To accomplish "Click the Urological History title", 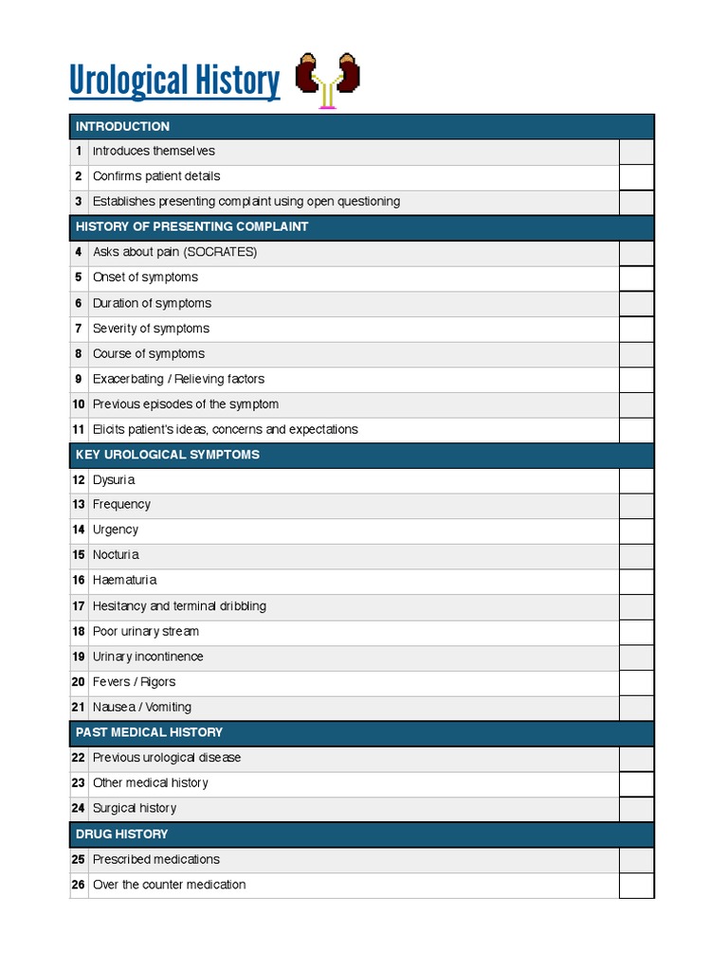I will pyautogui.click(x=174, y=81).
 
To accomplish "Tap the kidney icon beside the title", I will pyautogui.click(x=328, y=81).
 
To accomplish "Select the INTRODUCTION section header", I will pyautogui.click(x=122, y=126).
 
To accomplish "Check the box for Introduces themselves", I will pyautogui.click(x=636, y=152).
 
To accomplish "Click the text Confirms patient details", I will pyautogui.click(x=156, y=176).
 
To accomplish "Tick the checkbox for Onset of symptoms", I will pyautogui.click(x=636, y=278).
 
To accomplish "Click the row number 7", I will pyautogui.click(x=79, y=329).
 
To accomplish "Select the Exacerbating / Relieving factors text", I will pyautogui.click(x=178, y=379).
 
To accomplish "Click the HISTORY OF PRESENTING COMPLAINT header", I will pyautogui.click(x=191, y=227).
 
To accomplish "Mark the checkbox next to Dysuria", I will pyautogui.click(x=636, y=480).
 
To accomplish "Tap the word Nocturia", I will pyautogui.click(x=116, y=555).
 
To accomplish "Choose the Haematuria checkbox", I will pyautogui.click(x=636, y=581).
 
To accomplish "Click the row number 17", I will pyautogui.click(x=79, y=606).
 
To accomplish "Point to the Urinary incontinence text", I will pyautogui.click(x=148, y=656).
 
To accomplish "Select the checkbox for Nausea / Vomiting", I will pyautogui.click(x=636, y=708).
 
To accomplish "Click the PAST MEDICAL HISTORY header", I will pyautogui.click(x=149, y=732).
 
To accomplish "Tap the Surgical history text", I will pyautogui.click(x=135, y=808).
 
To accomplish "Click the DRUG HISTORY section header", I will pyautogui.click(x=121, y=834).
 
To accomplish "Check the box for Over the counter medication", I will pyautogui.click(x=636, y=885).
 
